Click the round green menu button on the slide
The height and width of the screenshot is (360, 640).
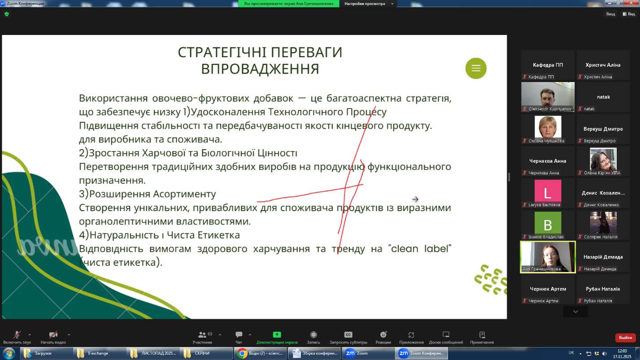pyautogui.click(x=476, y=68)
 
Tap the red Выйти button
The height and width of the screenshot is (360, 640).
pyautogui.click(x=625, y=338)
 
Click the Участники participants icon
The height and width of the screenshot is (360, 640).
pyautogui.click(x=202, y=334)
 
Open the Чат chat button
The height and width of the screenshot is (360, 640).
pyautogui.click(x=239, y=334)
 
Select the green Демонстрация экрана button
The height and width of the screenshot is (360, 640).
pyautogui.click(x=277, y=338)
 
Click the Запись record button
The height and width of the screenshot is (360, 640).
pyautogui.click(x=313, y=338)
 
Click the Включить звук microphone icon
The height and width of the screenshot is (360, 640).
pyautogui.click(x=17, y=334)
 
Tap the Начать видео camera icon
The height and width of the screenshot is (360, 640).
pyautogui.click(x=53, y=334)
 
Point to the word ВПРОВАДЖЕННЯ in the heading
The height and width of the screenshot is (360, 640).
pyautogui.click(x=260, y=69)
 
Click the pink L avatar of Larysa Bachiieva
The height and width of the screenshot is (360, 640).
pyautogui.click(x=548, y=191)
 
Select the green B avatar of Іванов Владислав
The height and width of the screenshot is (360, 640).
pyautogui.click(x=548, y=223)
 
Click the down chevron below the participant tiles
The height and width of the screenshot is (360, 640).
pyautogui.click(x=575, y=312)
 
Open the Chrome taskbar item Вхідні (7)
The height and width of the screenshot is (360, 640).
pyautogui.click(x=260, y=353)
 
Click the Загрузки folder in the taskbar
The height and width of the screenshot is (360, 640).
pyautogui.click(x=46, y=353)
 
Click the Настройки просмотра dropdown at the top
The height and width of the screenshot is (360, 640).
pyautogui.click(x=368, y=4)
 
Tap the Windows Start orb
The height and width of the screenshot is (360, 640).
pyautogui.click(x=9, y=353)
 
